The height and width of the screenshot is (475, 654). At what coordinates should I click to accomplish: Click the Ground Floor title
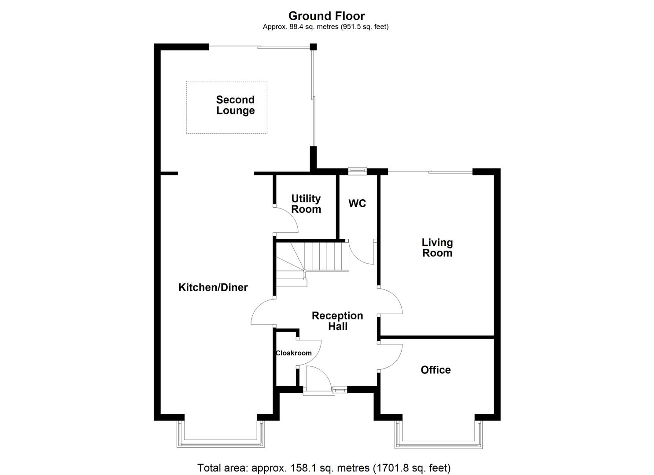326,16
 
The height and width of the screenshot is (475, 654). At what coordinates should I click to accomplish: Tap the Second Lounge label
235,105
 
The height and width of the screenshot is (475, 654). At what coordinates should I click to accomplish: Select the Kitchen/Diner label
213,288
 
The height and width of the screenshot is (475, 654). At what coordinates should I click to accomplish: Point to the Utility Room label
306,204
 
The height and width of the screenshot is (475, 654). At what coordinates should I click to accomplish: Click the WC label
357,204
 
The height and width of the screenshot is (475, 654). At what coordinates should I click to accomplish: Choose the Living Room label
437,248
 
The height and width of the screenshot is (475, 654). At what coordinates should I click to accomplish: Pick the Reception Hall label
337,321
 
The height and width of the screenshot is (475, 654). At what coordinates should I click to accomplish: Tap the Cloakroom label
293,353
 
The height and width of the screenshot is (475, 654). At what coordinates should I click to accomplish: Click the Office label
436,370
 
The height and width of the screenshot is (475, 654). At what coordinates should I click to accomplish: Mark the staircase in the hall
313,262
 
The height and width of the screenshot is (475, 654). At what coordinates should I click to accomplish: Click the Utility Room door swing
287,220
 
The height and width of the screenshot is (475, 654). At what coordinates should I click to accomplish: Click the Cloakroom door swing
310,351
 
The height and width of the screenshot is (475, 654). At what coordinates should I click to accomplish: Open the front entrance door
317,379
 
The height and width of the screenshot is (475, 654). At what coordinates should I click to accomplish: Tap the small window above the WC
357,170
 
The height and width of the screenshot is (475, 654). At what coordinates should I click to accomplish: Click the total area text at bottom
324,468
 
